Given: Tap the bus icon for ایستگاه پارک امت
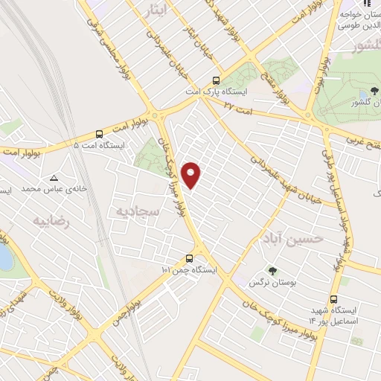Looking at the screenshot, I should pyautogui.click(x=216, y=81).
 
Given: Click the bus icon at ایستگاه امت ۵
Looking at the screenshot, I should pyautogui.click(x=100, y=134).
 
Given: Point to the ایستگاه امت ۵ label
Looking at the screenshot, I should pyautogui.click(x=102, y=146).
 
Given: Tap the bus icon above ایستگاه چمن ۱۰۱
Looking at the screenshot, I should pyautogui.click(x=188, y=260).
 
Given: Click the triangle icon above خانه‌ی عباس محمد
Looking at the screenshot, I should pyautogui.click(x=54, y=178).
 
